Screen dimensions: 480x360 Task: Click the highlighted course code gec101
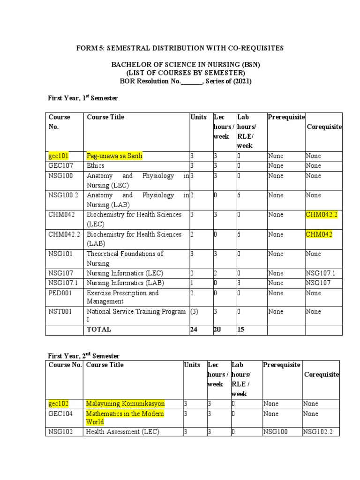click(59, 156)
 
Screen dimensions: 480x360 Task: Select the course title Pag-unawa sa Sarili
click(114, 156)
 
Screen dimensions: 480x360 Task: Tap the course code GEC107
click(60, 165)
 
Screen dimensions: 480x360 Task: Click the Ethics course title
click(96, 165)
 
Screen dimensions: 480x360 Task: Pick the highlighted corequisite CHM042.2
click(321, 214)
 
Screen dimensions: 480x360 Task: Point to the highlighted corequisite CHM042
click(319, 234)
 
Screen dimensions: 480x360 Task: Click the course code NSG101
click(60, 254)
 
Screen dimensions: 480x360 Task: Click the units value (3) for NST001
click(194, 311)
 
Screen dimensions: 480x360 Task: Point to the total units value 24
click(194, 329)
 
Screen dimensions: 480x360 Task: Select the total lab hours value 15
click(241, 329)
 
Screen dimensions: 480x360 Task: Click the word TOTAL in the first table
click(99, 329)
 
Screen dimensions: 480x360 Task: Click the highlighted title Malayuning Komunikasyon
click(126, 403)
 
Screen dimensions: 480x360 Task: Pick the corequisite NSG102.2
click(318, 432)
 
